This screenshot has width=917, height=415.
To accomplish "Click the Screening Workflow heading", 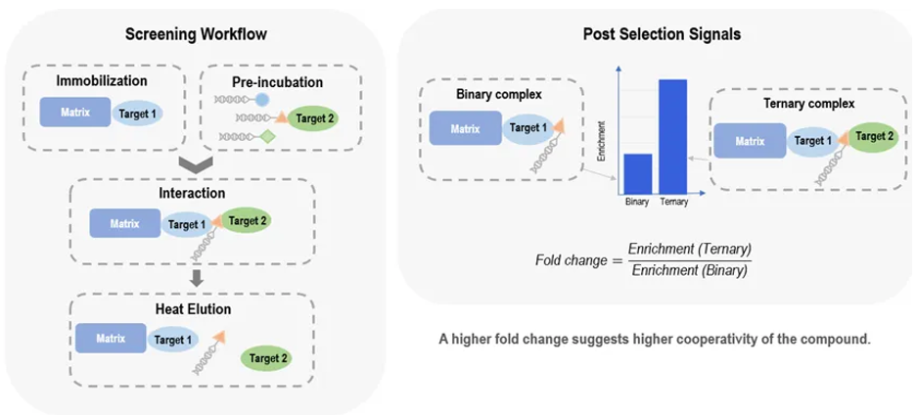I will point(196,36).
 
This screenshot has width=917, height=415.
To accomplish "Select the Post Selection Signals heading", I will point(662,33).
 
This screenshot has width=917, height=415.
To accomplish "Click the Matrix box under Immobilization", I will point(74,113).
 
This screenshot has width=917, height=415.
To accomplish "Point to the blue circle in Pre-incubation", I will point(262,100).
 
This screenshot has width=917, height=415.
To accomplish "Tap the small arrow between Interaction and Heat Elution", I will point(196,279).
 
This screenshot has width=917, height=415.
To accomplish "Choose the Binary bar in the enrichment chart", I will point(638,173).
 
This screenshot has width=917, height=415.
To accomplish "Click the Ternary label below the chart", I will point(674,203).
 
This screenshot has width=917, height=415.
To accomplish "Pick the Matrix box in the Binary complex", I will point(465,128).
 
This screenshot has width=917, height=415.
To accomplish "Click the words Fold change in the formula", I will point(567,259).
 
